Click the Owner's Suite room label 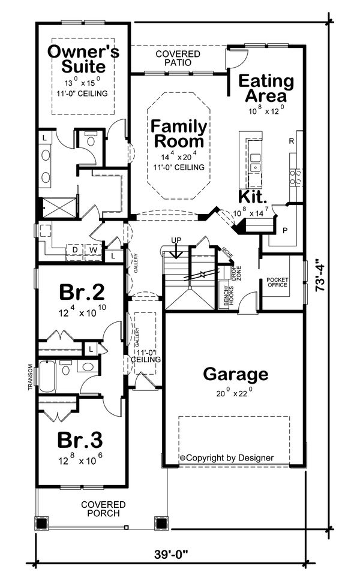[83, 58]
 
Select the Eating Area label [266, 88]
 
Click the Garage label [235, 375]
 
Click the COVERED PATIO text [178, 58]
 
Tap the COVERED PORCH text [103, 509]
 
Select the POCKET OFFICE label [277, 282]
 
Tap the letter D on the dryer [76, 249]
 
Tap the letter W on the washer [94, 249]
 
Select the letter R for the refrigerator [291, 142]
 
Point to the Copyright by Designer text [226, 457]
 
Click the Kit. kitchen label [253, 197]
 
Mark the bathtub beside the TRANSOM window [49, 376]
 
